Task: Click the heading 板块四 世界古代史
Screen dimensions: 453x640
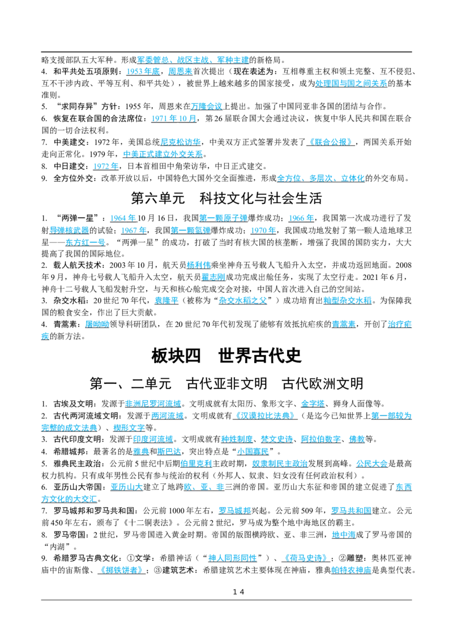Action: (x=226, y=356)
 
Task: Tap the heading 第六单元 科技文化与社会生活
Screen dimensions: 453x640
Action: (x=226, y=198)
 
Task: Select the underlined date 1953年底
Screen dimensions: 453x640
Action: (x=143, y=71)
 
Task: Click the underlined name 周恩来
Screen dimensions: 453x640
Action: (x=180, y=71)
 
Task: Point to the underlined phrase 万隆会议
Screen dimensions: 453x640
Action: (x=207, y=106)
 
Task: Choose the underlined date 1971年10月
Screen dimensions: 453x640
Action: (x=174, y=118)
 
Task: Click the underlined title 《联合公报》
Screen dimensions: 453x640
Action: (x=330, y=142)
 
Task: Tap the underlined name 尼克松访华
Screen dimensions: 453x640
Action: (x=180, y=142)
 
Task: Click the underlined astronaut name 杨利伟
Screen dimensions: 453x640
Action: (x=198, y=265)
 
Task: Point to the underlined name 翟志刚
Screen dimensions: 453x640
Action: (x=213, y=277)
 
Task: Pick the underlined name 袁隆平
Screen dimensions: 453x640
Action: (x=166, y=301)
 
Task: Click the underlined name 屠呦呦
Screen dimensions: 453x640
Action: (x=97, y=325)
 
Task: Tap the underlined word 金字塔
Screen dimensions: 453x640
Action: (x=313, y=404)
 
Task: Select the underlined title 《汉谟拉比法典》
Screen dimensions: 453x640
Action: (x=264, y=416)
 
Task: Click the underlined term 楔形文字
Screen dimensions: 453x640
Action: (x=129, y=428)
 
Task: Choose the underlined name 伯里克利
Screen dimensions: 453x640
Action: (x=196, y=464)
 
